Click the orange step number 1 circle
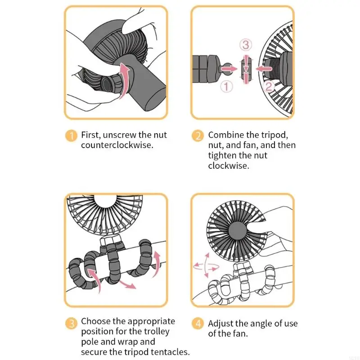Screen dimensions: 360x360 (71, 135)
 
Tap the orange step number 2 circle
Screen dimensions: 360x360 (198, 135)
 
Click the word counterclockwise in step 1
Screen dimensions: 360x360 (117, 145)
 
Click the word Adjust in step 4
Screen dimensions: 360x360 (220, 324)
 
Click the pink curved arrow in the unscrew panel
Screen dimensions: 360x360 (124, 76)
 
